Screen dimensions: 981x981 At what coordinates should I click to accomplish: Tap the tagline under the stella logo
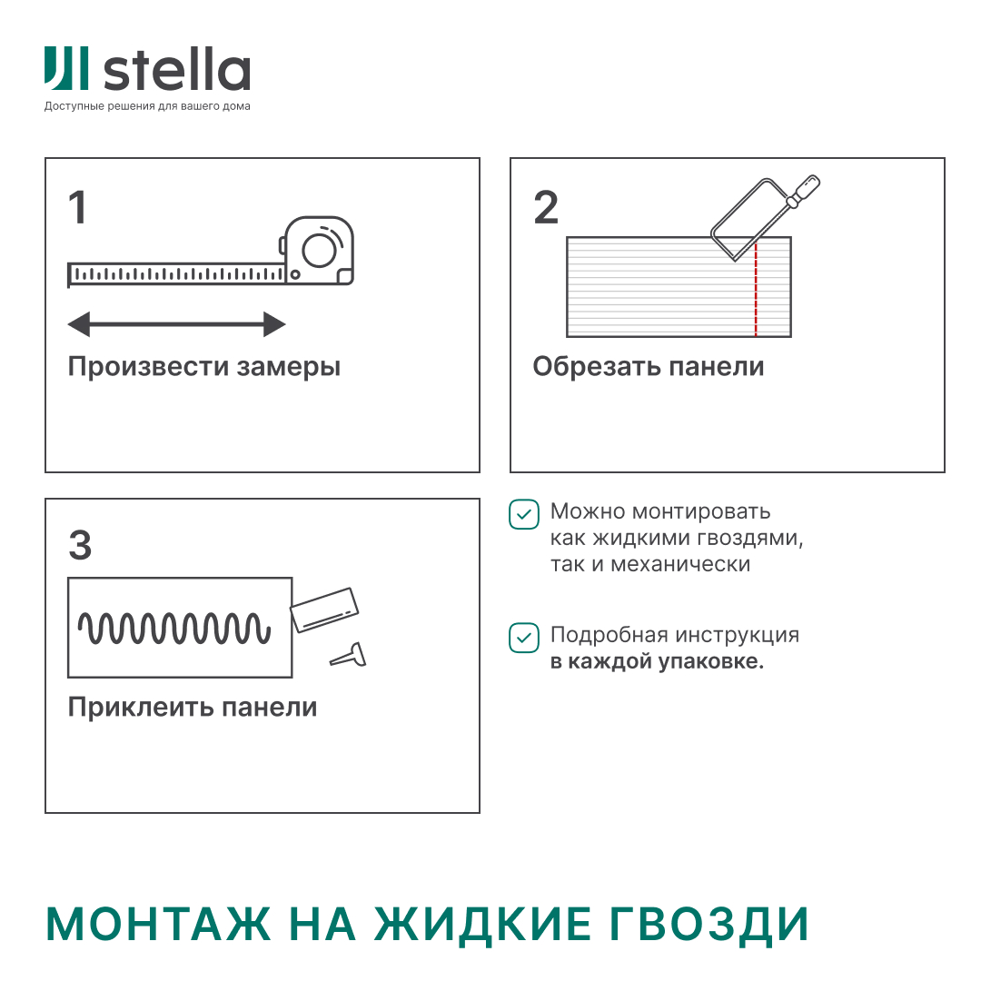[x=147, y=106]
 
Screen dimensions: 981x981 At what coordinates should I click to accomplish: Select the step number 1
[x=78, y=208]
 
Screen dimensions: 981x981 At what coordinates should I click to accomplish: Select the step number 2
[x=546, y=208]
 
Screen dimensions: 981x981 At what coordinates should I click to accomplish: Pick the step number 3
[x=80, y=546]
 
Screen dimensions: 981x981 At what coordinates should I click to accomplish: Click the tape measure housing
[x=319, y=250]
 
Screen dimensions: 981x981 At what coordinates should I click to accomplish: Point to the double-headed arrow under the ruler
[x=177, y=323]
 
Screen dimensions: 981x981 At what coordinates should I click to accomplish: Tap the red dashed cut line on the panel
[x=756, y=291]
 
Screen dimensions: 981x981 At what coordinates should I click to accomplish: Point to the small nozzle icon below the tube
[x=349, y=655]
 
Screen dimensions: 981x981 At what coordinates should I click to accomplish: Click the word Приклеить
[x=131, y=708]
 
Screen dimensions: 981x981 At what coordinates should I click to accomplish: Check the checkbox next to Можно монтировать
[x=523, y=513]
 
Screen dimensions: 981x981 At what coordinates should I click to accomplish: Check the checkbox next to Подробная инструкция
[x=523, y=637]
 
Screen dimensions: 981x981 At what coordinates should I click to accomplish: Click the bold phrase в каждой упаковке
[x=657, y=661]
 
